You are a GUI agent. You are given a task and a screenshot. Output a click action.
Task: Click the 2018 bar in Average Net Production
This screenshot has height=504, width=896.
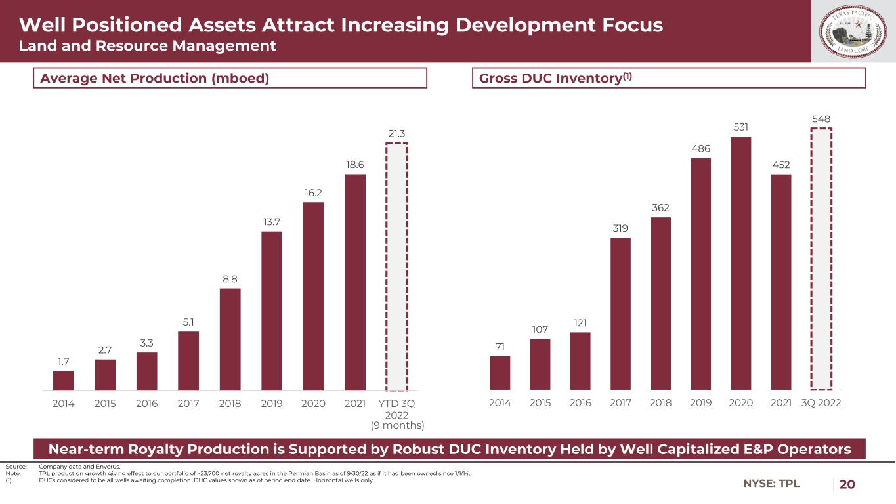click(x=230, y=339)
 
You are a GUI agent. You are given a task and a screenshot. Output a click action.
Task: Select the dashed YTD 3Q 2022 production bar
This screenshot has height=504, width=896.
click(x=396, y=266)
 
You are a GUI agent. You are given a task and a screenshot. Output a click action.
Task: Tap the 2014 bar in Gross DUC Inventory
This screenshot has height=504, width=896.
click(x=500, y=373)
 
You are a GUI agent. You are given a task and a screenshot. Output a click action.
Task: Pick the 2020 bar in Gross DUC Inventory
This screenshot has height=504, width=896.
click(x=741, y=263)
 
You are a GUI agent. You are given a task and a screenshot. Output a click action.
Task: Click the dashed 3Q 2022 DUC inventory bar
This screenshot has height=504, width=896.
click(x=821, y=259)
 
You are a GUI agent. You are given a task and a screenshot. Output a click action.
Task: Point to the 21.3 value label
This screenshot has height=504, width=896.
click(x=396, y=133)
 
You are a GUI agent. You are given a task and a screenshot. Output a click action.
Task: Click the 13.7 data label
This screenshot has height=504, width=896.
click(x=272, y=222)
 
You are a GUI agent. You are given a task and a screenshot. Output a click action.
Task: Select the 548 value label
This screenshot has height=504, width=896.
click(x=821, y=119)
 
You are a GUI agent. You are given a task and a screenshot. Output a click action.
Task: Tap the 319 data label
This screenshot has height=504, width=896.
click(x=620, y=228)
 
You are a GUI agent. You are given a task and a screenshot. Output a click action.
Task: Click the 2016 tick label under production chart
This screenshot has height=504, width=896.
click(x=147, y=403)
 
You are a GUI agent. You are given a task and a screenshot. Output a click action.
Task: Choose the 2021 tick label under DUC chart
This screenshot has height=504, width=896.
click(x=781, y=402)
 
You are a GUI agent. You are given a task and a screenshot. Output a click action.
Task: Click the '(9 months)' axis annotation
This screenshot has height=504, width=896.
click(x=397, y=425)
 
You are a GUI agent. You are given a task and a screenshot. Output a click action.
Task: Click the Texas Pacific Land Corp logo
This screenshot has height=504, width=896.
click(x=853, y=31)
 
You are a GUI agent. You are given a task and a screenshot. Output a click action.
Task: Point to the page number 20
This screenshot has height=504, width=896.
click(x=847, y=484)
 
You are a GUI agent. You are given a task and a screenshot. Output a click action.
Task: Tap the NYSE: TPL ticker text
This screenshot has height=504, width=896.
click(x=771, y=484)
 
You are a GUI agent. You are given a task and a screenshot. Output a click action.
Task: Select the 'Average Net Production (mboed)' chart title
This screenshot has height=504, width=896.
click(x=155, y=78)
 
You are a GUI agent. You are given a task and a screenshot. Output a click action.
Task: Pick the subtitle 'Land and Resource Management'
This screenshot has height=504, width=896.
click(x=147, y=45)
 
